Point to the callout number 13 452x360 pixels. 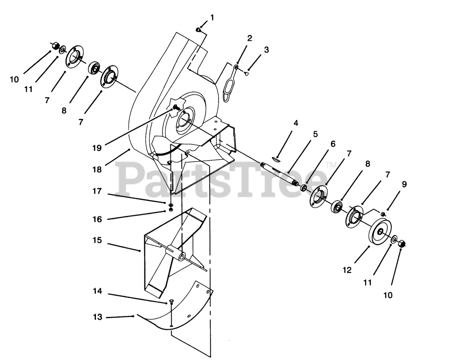point(97,317)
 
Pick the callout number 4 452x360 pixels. point(296,123)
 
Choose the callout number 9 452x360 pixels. point(404,184)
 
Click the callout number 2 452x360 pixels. point(250,38)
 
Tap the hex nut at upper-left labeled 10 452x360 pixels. point(55,46)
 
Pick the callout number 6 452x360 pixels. point(333,144)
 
